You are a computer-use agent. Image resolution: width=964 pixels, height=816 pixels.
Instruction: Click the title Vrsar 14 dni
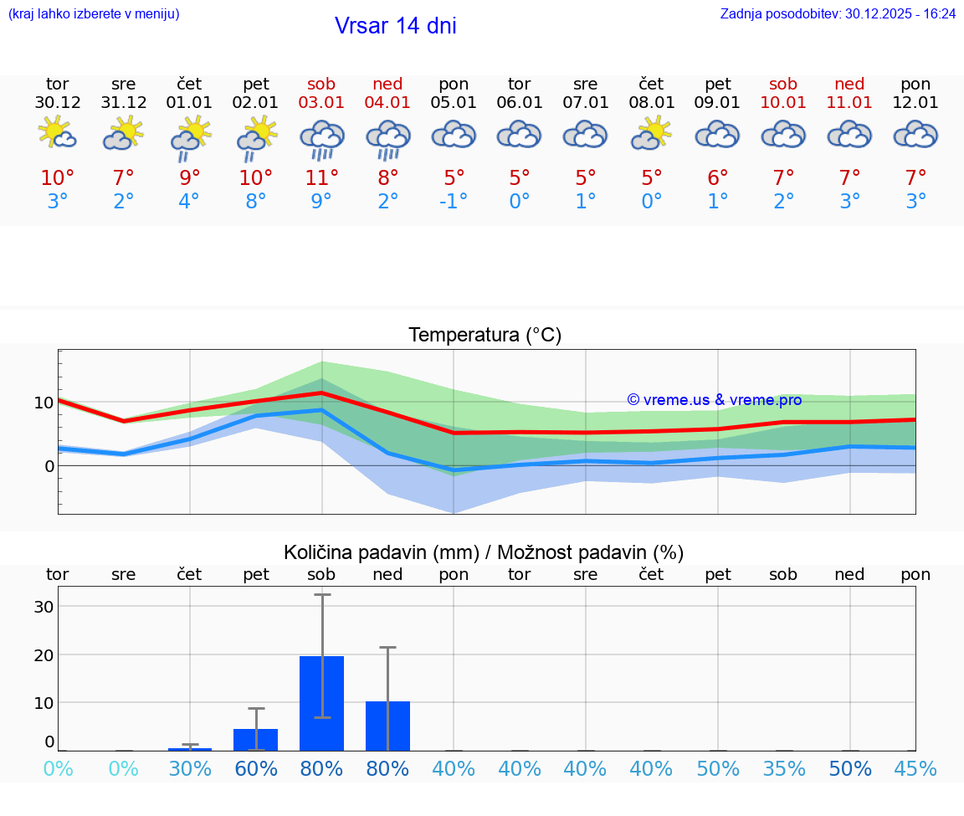pos(395,26)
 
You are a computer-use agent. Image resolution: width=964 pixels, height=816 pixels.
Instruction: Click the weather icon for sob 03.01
pos(322,139)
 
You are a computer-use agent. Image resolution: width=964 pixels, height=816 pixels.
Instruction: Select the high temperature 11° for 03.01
pos(322,178)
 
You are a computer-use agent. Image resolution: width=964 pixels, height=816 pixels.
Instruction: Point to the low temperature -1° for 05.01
pos(454,202)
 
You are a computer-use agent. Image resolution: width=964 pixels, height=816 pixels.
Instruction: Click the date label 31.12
pos(124,103)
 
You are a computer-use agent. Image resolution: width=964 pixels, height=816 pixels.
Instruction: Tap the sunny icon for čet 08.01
pos(652,134)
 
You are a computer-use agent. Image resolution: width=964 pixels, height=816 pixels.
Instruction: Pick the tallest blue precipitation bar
pos(322,703)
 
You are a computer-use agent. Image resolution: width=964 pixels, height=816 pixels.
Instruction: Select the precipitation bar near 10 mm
pos(387,726)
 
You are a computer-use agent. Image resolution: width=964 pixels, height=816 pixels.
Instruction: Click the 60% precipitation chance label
pos(256,769)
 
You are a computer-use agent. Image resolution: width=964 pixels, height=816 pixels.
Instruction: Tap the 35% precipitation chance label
pos(784,769)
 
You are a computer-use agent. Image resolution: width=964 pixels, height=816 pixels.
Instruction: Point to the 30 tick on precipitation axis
pos(44,607)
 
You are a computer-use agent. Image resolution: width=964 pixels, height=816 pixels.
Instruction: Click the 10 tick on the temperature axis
pos(44,403)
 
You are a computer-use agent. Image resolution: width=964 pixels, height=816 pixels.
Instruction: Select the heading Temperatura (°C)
pos(485,336)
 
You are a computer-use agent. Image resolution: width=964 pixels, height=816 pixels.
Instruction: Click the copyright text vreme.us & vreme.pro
pos(715,400)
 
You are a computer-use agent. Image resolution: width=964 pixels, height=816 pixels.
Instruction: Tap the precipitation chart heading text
pos(484,552)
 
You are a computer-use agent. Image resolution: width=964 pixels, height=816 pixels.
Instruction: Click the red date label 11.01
pos(850,103)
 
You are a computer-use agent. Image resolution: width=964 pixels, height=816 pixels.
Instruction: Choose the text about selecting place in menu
pos(94,13)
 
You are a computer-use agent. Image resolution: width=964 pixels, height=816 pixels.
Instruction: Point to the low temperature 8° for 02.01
pos(256,202)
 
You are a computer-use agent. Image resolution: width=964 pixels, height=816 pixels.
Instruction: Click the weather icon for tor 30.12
pos(58,134)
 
